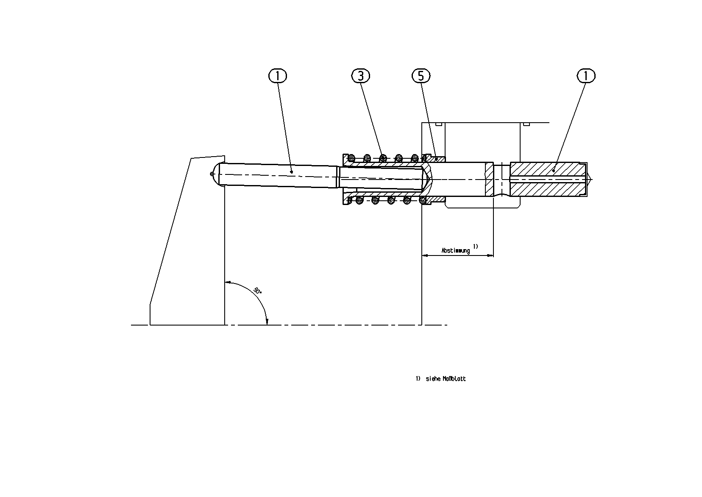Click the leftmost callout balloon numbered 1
pyautogui.click(x=278, y=76)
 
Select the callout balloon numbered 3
pyautogui.click(x=360, y=76)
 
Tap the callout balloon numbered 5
pyautogui.click(x=421, y=76)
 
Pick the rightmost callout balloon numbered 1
pyautogui.click(x=586, y=76)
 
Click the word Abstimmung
pyautogui.click(x=456, y=250)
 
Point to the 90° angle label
pyautogui.click(x=257, y=290)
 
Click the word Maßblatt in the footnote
pyautogui.click(x=454, y=379)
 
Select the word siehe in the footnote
pyautogui.click(x=433, y=379)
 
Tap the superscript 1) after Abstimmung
pyautogui.click(x=475, y=246)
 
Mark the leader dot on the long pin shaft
pyautogui.click(x=292, y=171)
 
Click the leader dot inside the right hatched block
pyautogui.click(x=553, y=171)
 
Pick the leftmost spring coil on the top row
pyautogui.click(x=351, y=157)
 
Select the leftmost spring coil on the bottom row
pyautogui.click(x=359, y=200)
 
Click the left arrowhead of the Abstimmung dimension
pyautogui.click(x=425, y=256)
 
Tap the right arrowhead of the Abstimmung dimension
pyautogui.click(x=490, y=256)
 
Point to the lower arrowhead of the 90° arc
pyautogui.click(x=267, y=322)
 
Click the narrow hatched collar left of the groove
pyautogui.click(x=489, y=179)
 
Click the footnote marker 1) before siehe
pyautogui.click(x=418, y=379)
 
